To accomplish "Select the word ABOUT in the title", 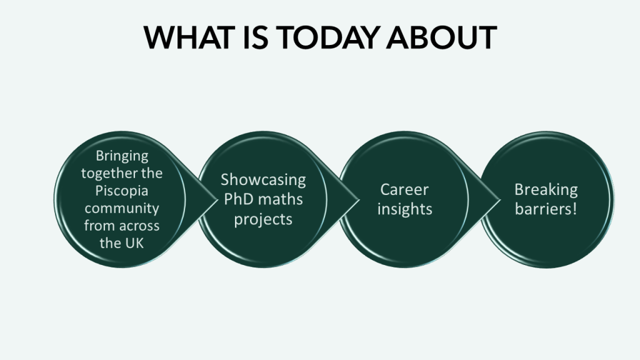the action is (x=442, y=37).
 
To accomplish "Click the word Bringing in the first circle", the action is (x=122, y=156).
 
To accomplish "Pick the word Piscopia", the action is (x=122, y=191).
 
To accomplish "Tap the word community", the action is (x=122, y=209).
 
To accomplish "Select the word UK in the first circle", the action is (x=135, y=243).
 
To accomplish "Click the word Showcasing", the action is (x=263, y=180).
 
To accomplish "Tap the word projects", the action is (x=263, y=219).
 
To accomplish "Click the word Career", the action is (x=404, y=189).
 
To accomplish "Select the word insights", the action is (x=404, y=209).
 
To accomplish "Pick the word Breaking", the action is (x=546, y=190).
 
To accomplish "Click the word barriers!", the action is (x=546, y=209).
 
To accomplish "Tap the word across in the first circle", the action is (x=140, y=226).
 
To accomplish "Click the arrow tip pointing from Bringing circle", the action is (x=217, y=199).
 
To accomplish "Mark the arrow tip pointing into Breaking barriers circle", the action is (x=500, y=200).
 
